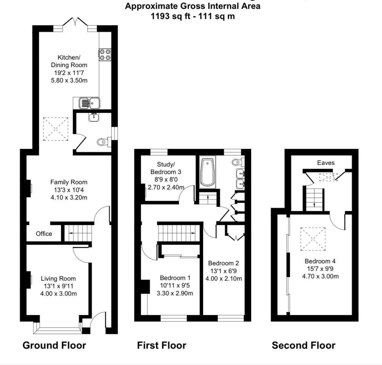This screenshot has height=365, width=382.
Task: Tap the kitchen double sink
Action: [x=89, y=103]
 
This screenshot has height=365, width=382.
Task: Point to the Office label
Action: [x=44, y=234]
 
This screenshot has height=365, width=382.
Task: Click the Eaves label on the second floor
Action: [x=326, y=163]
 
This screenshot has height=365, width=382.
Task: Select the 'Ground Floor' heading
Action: [x=54, y=345]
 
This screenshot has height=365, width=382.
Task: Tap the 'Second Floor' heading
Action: [x=304, y=345]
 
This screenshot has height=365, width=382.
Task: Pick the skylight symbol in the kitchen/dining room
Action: [x=56, y=129]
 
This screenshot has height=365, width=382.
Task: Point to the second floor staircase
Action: [x=314, y=199]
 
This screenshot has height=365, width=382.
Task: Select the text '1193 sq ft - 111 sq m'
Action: [x=193, y=16]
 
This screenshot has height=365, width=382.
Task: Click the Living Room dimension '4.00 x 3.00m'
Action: [x=58, y=293]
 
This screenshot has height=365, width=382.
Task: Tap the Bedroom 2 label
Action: [x=224, y=263]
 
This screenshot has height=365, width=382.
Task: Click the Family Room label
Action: [x=69, y=182]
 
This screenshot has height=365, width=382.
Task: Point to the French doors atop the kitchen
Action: [x=75, y=22]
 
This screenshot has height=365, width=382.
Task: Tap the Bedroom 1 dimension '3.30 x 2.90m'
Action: [x=175, y=293]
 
